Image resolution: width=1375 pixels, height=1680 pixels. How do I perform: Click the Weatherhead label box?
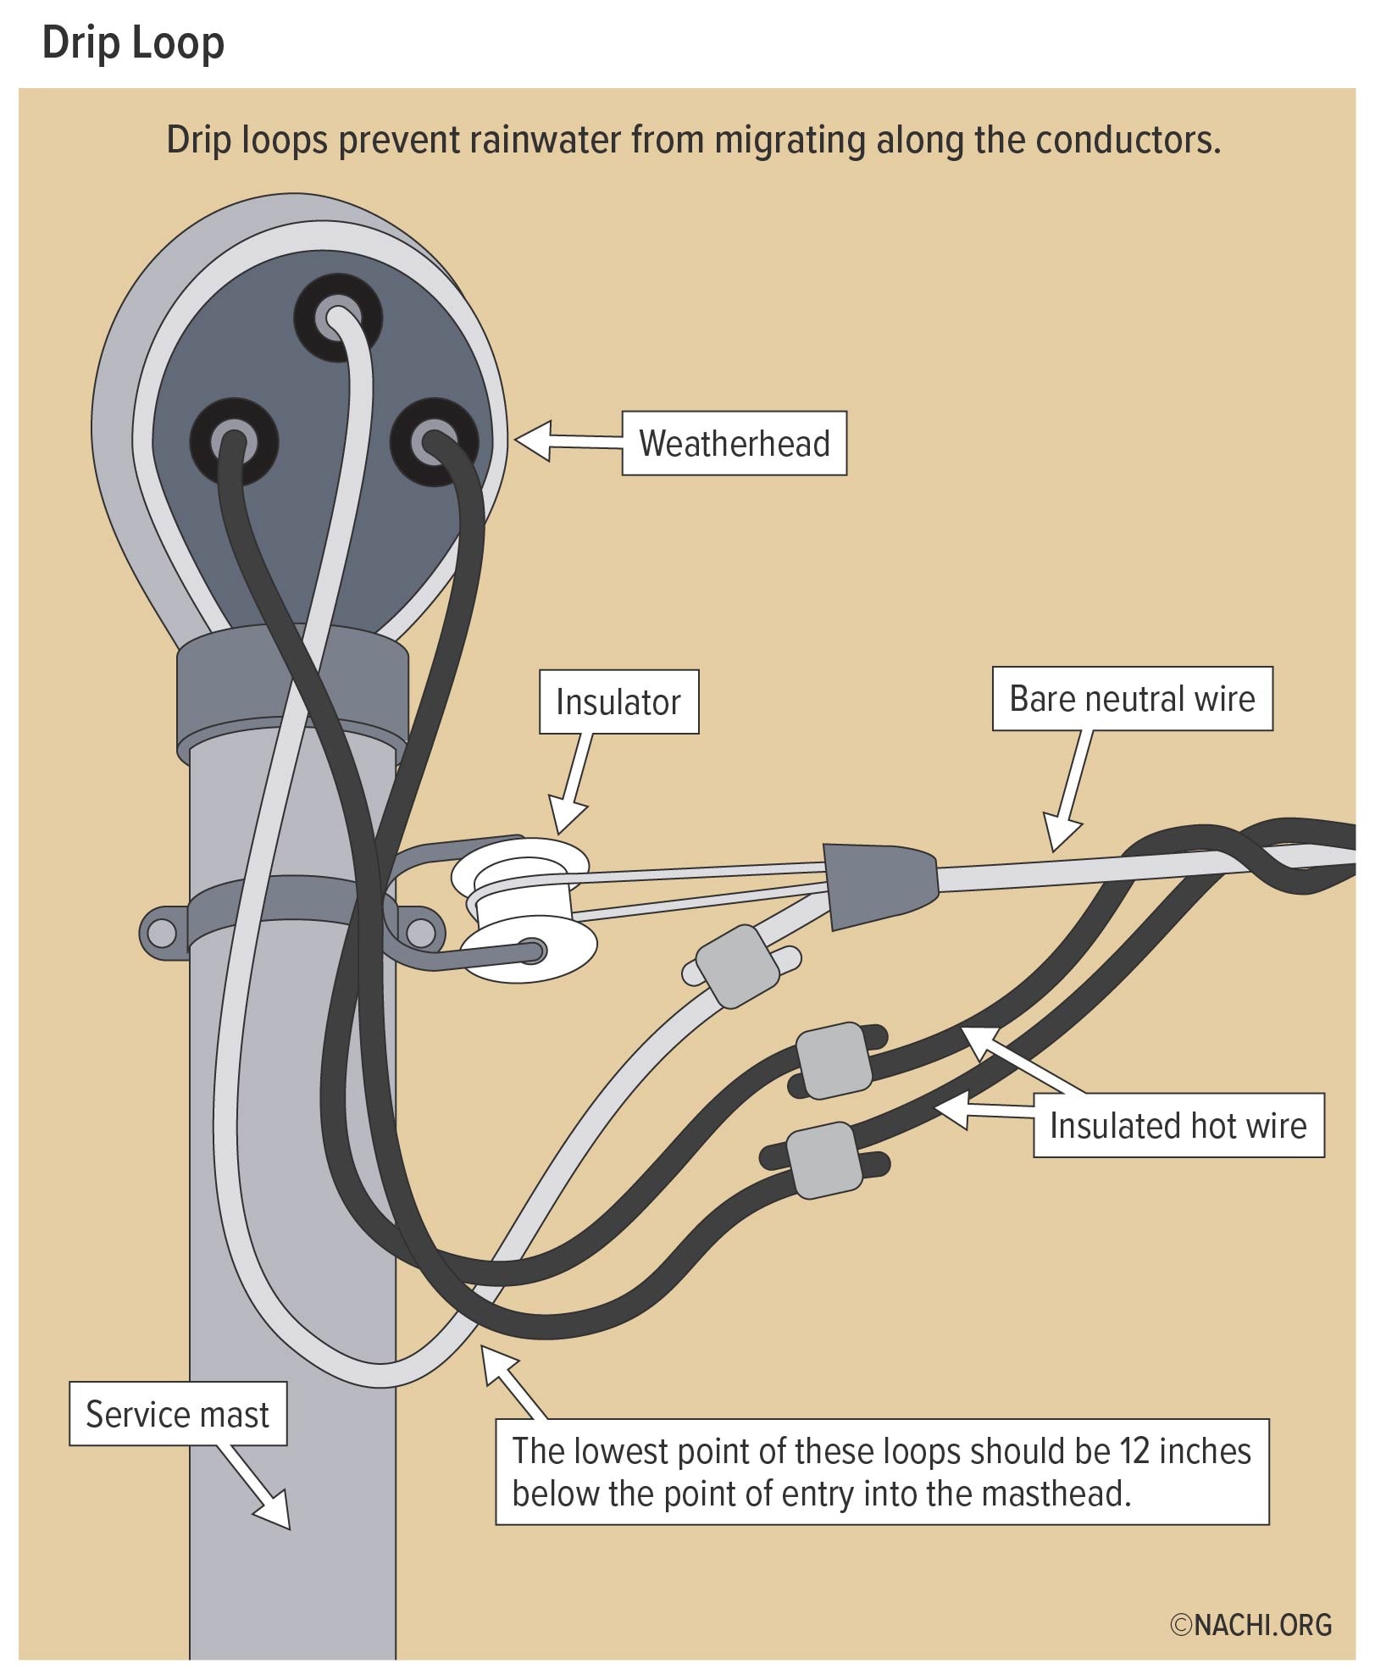point(734,443)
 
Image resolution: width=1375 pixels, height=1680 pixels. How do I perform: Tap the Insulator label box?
point(618,701)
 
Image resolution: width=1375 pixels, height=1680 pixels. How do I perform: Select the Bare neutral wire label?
point(1132,699)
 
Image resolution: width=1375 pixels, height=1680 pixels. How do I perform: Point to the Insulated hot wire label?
point(1178,1126)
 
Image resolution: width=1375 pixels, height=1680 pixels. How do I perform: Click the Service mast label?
point(177,1414)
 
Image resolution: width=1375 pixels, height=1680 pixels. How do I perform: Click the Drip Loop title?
point(133,42)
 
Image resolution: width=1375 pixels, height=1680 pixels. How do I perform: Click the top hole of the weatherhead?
point(338,319)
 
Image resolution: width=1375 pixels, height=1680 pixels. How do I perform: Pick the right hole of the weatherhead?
point(434,442)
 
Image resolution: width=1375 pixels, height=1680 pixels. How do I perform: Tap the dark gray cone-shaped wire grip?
point(879,884)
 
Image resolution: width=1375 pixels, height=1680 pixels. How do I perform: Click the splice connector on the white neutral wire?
point(737,967)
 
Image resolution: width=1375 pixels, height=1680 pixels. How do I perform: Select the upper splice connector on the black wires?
point(834,1061)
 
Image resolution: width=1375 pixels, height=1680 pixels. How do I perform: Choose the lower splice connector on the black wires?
point(824,1160)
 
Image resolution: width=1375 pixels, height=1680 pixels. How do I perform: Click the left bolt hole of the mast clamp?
point(162,934)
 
